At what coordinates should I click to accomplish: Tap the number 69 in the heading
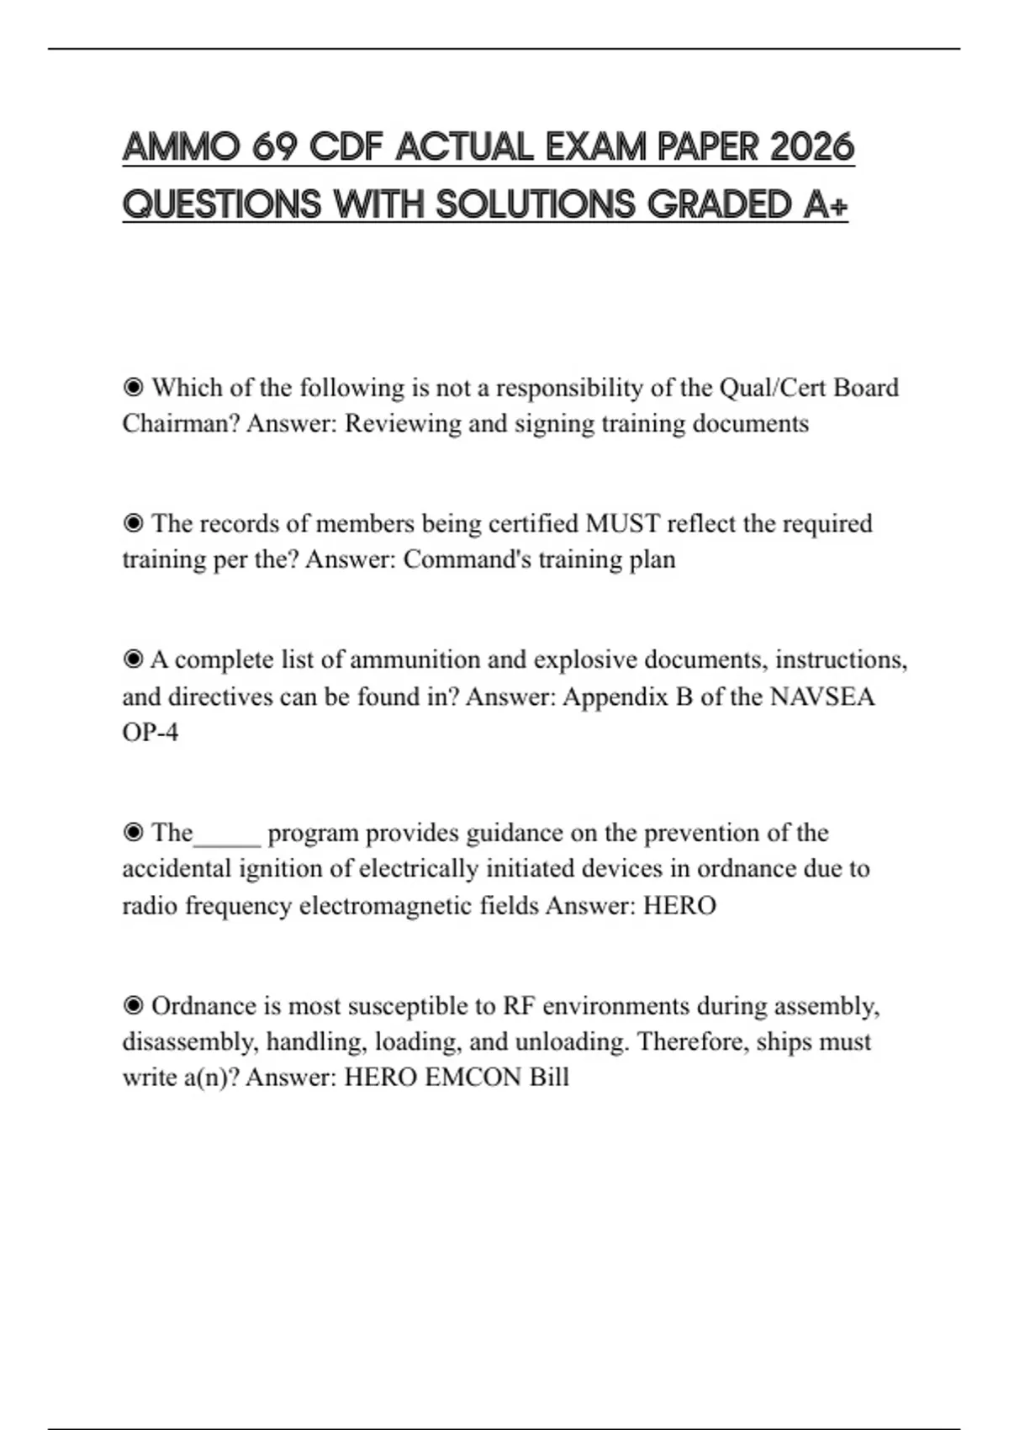tap(274, 147)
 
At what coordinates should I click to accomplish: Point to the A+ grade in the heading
tap(826, 204)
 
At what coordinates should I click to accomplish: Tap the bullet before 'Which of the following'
tap(133, 388)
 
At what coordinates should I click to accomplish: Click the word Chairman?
tap(181, 423)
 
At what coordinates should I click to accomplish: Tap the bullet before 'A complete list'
tap(133, 659)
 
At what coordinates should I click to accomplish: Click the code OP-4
tap(151, 733)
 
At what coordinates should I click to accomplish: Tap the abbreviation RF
tap(519, 1006)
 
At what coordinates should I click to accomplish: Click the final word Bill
tap(549, 1078)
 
